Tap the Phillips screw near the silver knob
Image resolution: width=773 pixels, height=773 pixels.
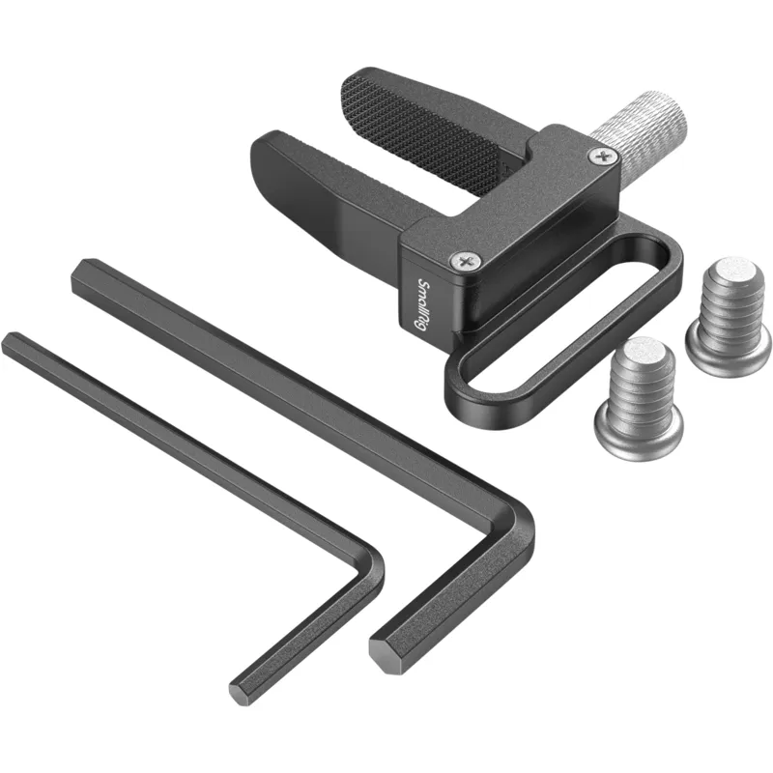603,157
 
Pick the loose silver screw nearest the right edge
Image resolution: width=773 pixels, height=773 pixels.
730,316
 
